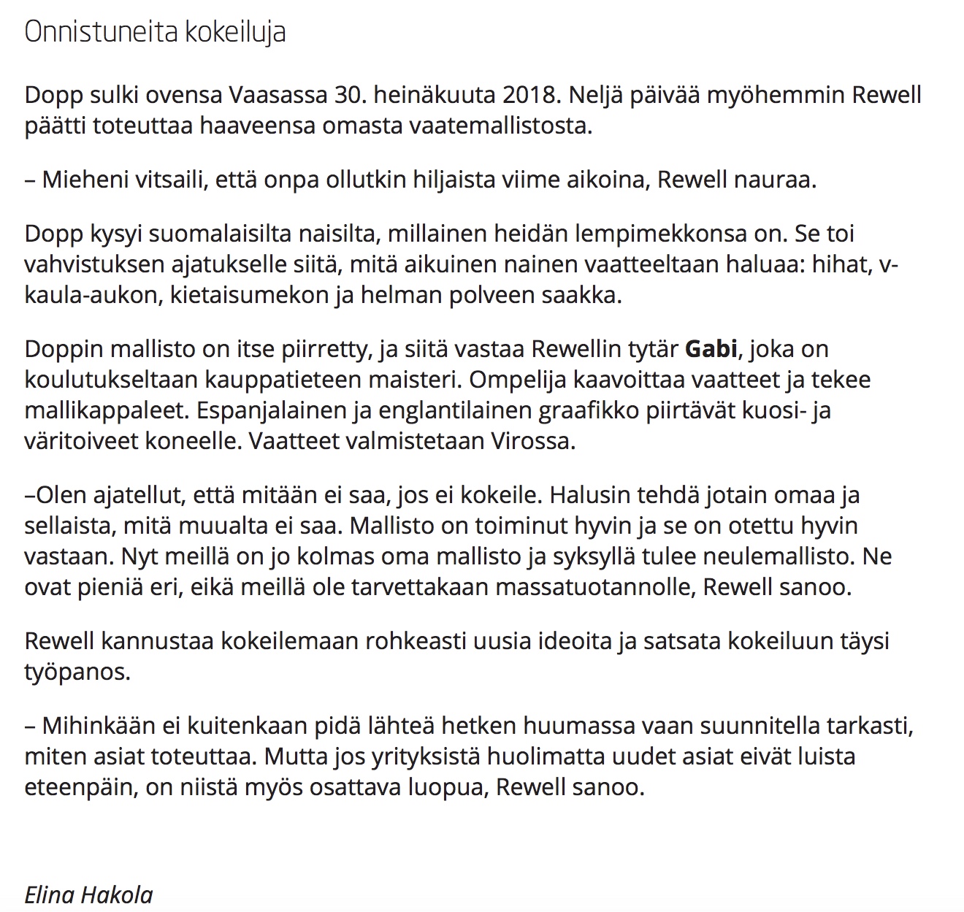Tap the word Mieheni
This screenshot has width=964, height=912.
point(84,180)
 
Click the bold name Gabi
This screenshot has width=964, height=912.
point(711,349)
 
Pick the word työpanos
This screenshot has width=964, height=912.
point(77,672)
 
